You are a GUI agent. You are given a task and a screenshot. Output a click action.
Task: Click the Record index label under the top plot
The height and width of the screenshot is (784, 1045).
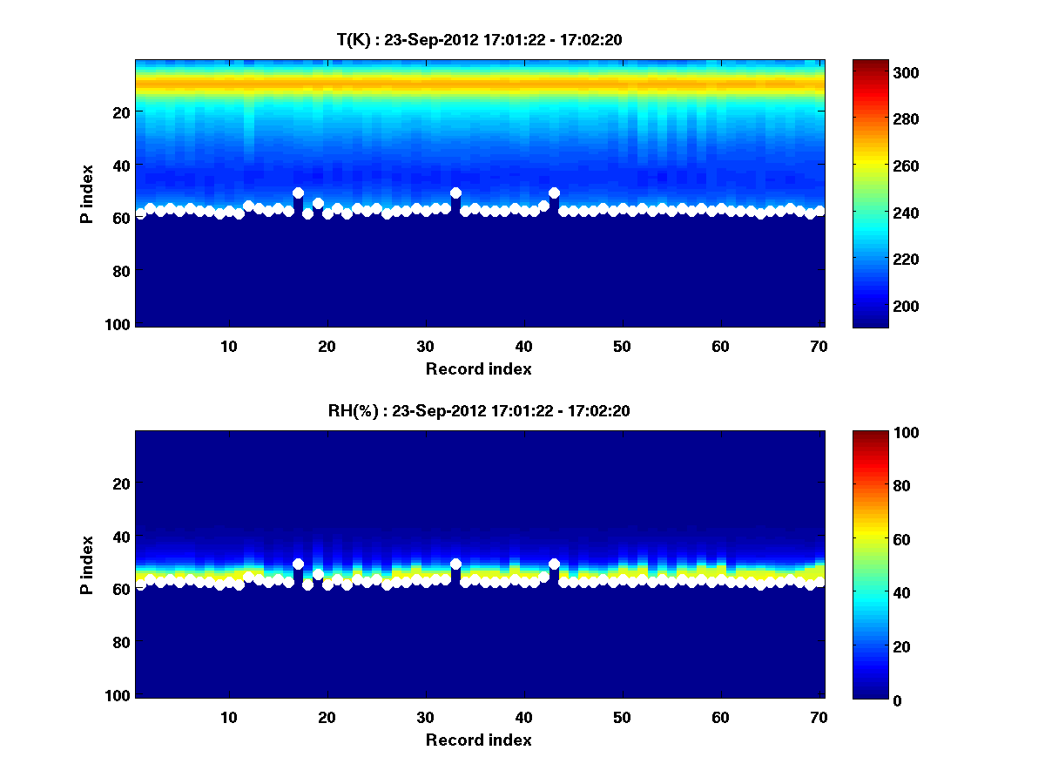click(479, 368)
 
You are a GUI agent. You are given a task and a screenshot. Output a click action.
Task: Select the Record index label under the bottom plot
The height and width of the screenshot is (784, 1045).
click(479, 740)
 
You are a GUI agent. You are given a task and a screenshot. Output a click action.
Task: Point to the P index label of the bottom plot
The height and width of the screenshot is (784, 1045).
click(87, 564)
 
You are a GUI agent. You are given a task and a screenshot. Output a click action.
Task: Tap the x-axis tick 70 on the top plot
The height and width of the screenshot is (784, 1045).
click(819, 346)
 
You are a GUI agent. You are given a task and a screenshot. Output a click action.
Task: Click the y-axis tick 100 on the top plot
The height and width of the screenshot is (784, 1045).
click(120, 324)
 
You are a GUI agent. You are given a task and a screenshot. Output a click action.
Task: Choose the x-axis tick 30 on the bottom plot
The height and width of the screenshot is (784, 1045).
click(425, 717)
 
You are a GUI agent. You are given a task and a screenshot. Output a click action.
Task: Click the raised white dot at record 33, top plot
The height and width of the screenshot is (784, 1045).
click(455, 193)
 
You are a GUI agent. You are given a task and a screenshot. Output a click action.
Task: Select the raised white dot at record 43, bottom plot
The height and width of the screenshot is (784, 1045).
click(554, 564)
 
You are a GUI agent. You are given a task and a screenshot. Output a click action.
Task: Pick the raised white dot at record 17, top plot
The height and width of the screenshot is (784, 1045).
click(298, 193)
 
